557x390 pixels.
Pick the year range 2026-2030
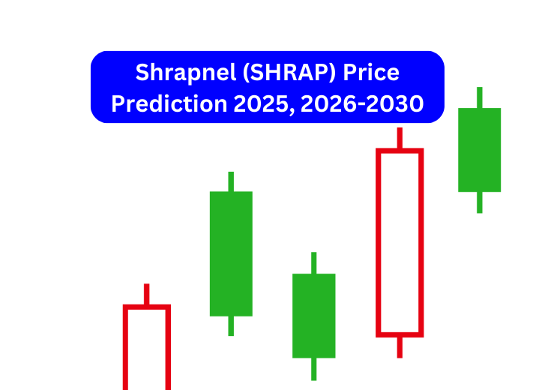tap(361, 103)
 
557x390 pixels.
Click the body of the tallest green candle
tap(231, 253)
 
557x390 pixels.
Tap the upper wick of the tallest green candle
tap(231, 181)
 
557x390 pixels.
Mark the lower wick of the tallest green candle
tap(231, 325)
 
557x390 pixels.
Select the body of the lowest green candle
tap(313, 315)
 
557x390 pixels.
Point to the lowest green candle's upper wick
tap(313, 262)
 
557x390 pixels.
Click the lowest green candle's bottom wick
tap(313, 368)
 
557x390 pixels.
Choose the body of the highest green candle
tap(479, 150)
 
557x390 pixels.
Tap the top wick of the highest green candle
tap(479, 97)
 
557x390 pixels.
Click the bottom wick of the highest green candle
tap(479, 202)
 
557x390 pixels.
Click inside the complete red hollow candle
tap(400, 241)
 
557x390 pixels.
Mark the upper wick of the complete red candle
tap(400, 138)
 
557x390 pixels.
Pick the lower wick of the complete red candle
tap(400, 346)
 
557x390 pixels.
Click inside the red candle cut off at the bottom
tap(147, 349)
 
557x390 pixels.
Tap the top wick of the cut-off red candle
tap(147, 294)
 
